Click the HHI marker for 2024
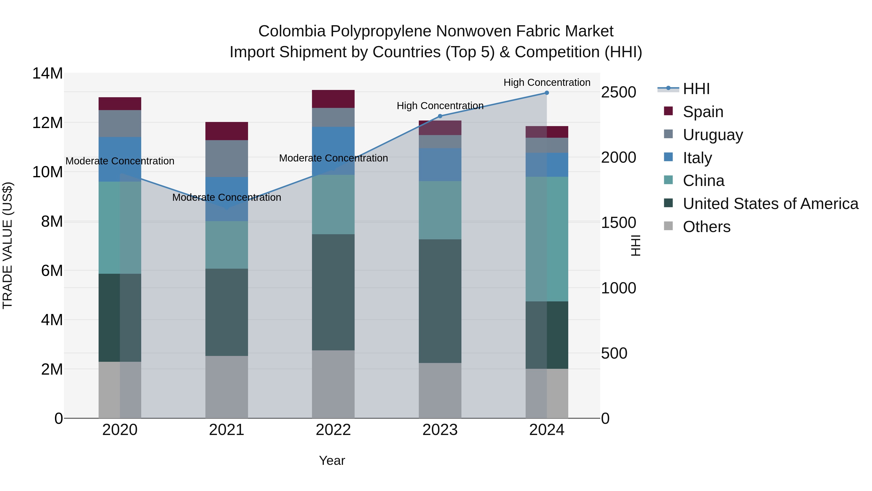click(547, 93)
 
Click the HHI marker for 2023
click(440, 116)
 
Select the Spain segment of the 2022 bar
click(333, 99)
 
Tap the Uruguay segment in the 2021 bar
click(226, 159)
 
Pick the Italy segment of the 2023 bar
click(440, 165)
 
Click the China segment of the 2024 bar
click(547, 239)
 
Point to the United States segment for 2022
click(333, 292)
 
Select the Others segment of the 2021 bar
click(226, 387)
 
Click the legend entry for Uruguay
click(713, 135)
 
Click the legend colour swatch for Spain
click(668, 111)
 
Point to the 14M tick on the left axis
click(47, 73)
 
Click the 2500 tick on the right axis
click(618, 93)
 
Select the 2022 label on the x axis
click(333, 430)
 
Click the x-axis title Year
click(332, 460)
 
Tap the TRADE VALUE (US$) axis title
click(8, 245)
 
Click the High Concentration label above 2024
click(547, 82)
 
